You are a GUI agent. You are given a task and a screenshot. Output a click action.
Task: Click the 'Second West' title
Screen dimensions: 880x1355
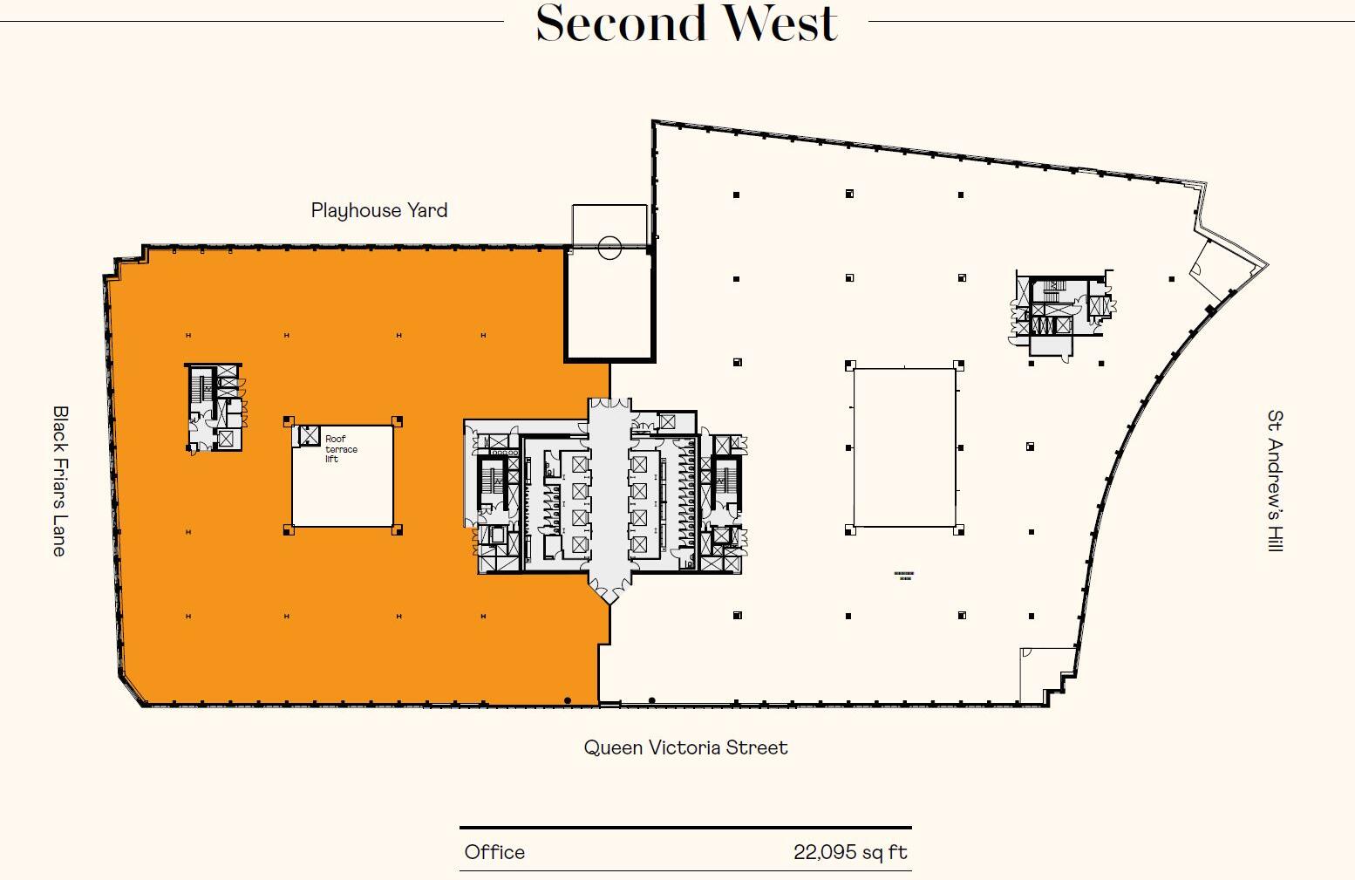(686, 24)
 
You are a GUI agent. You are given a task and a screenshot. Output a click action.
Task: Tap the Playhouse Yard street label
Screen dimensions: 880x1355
(379, 210)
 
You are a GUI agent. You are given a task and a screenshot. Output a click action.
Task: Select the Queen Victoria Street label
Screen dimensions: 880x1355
(685, 747)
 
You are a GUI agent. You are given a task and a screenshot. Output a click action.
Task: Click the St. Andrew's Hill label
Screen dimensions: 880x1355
(1275, 481)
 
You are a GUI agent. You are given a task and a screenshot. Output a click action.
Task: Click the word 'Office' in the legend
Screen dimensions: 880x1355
(494, 852)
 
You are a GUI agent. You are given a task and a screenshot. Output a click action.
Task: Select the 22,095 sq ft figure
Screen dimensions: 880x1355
(850, 852)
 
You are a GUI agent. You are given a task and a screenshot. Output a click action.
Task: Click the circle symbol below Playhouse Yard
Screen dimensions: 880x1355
(609, 248)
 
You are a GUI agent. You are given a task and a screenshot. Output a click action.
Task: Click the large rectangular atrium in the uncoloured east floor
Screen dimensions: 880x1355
(904, 448)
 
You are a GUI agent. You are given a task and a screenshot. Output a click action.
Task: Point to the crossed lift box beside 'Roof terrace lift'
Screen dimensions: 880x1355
(310, 434)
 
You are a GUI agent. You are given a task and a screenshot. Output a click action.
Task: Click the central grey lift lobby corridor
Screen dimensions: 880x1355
(609, 497)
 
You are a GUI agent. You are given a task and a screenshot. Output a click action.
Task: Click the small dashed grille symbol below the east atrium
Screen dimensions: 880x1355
(904, 576)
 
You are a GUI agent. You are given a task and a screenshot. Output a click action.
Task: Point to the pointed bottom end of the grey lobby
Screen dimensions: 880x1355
(609, 597)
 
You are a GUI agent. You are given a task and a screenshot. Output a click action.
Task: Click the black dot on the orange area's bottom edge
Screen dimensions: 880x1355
(568, 700)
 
